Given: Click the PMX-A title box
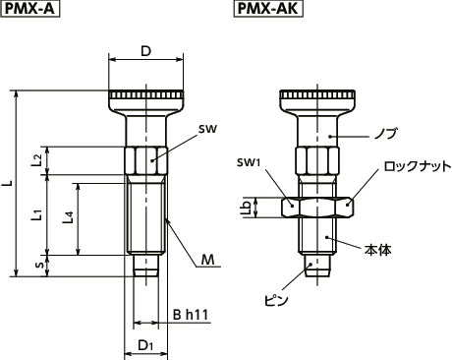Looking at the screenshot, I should click(33, 10).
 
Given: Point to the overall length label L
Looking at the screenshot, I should click(10, 184).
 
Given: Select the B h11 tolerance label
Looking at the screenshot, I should click(189, 314).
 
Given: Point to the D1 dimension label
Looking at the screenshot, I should click(144, 345).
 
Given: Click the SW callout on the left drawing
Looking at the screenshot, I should click(206, 128).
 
